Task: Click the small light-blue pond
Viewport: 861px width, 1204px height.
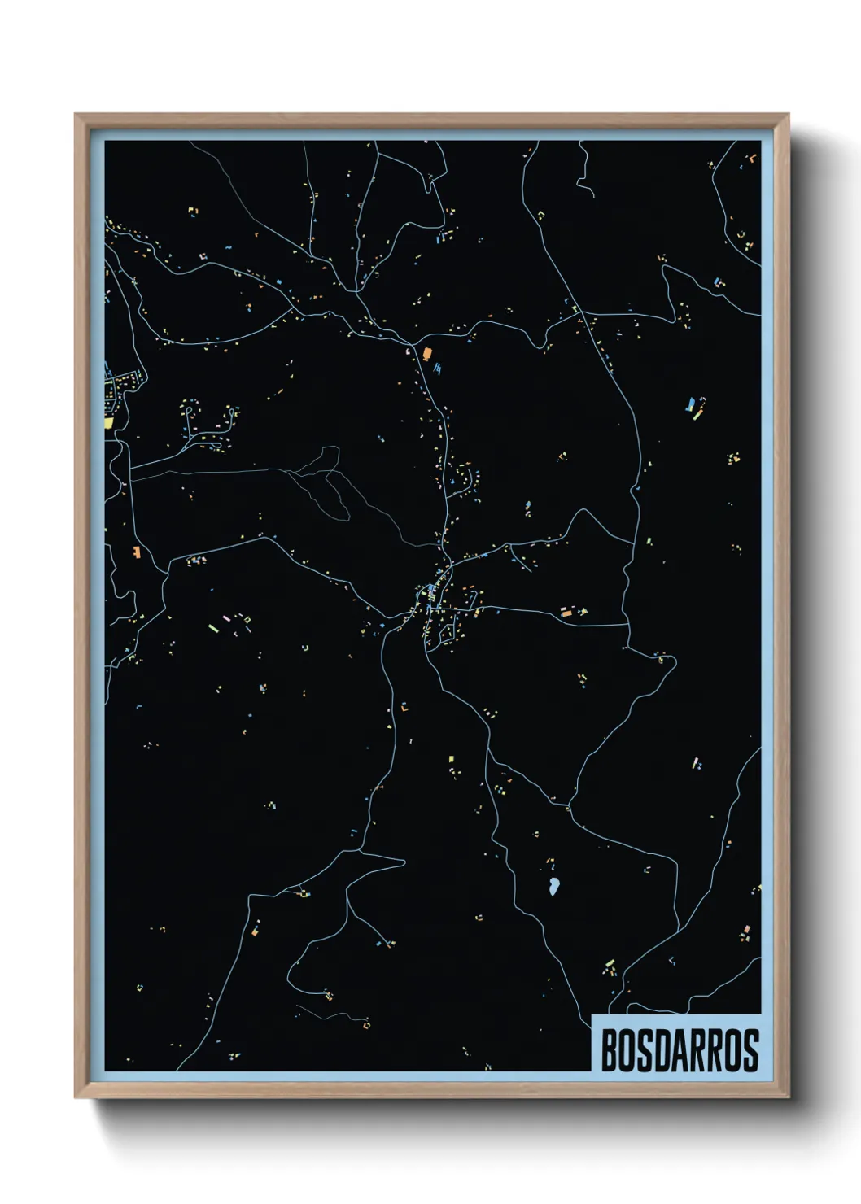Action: click(553, 885)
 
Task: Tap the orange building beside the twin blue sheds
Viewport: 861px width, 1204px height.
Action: click(426, 353)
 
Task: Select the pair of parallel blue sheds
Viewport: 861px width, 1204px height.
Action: click(438, 369)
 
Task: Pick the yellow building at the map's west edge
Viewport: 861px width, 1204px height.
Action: click(108, 423)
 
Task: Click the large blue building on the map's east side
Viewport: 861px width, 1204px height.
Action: click(691, 404)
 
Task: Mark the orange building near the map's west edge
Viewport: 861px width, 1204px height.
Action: click(137, 552)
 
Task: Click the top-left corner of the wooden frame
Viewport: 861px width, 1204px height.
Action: click(76, 115)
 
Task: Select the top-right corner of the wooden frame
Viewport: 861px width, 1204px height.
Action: click(788, 115)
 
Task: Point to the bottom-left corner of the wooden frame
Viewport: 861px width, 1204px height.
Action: click(76, 1097)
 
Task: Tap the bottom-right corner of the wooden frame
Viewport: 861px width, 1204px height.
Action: click(788, 1097)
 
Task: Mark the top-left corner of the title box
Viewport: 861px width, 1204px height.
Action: click(592, 1016)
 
